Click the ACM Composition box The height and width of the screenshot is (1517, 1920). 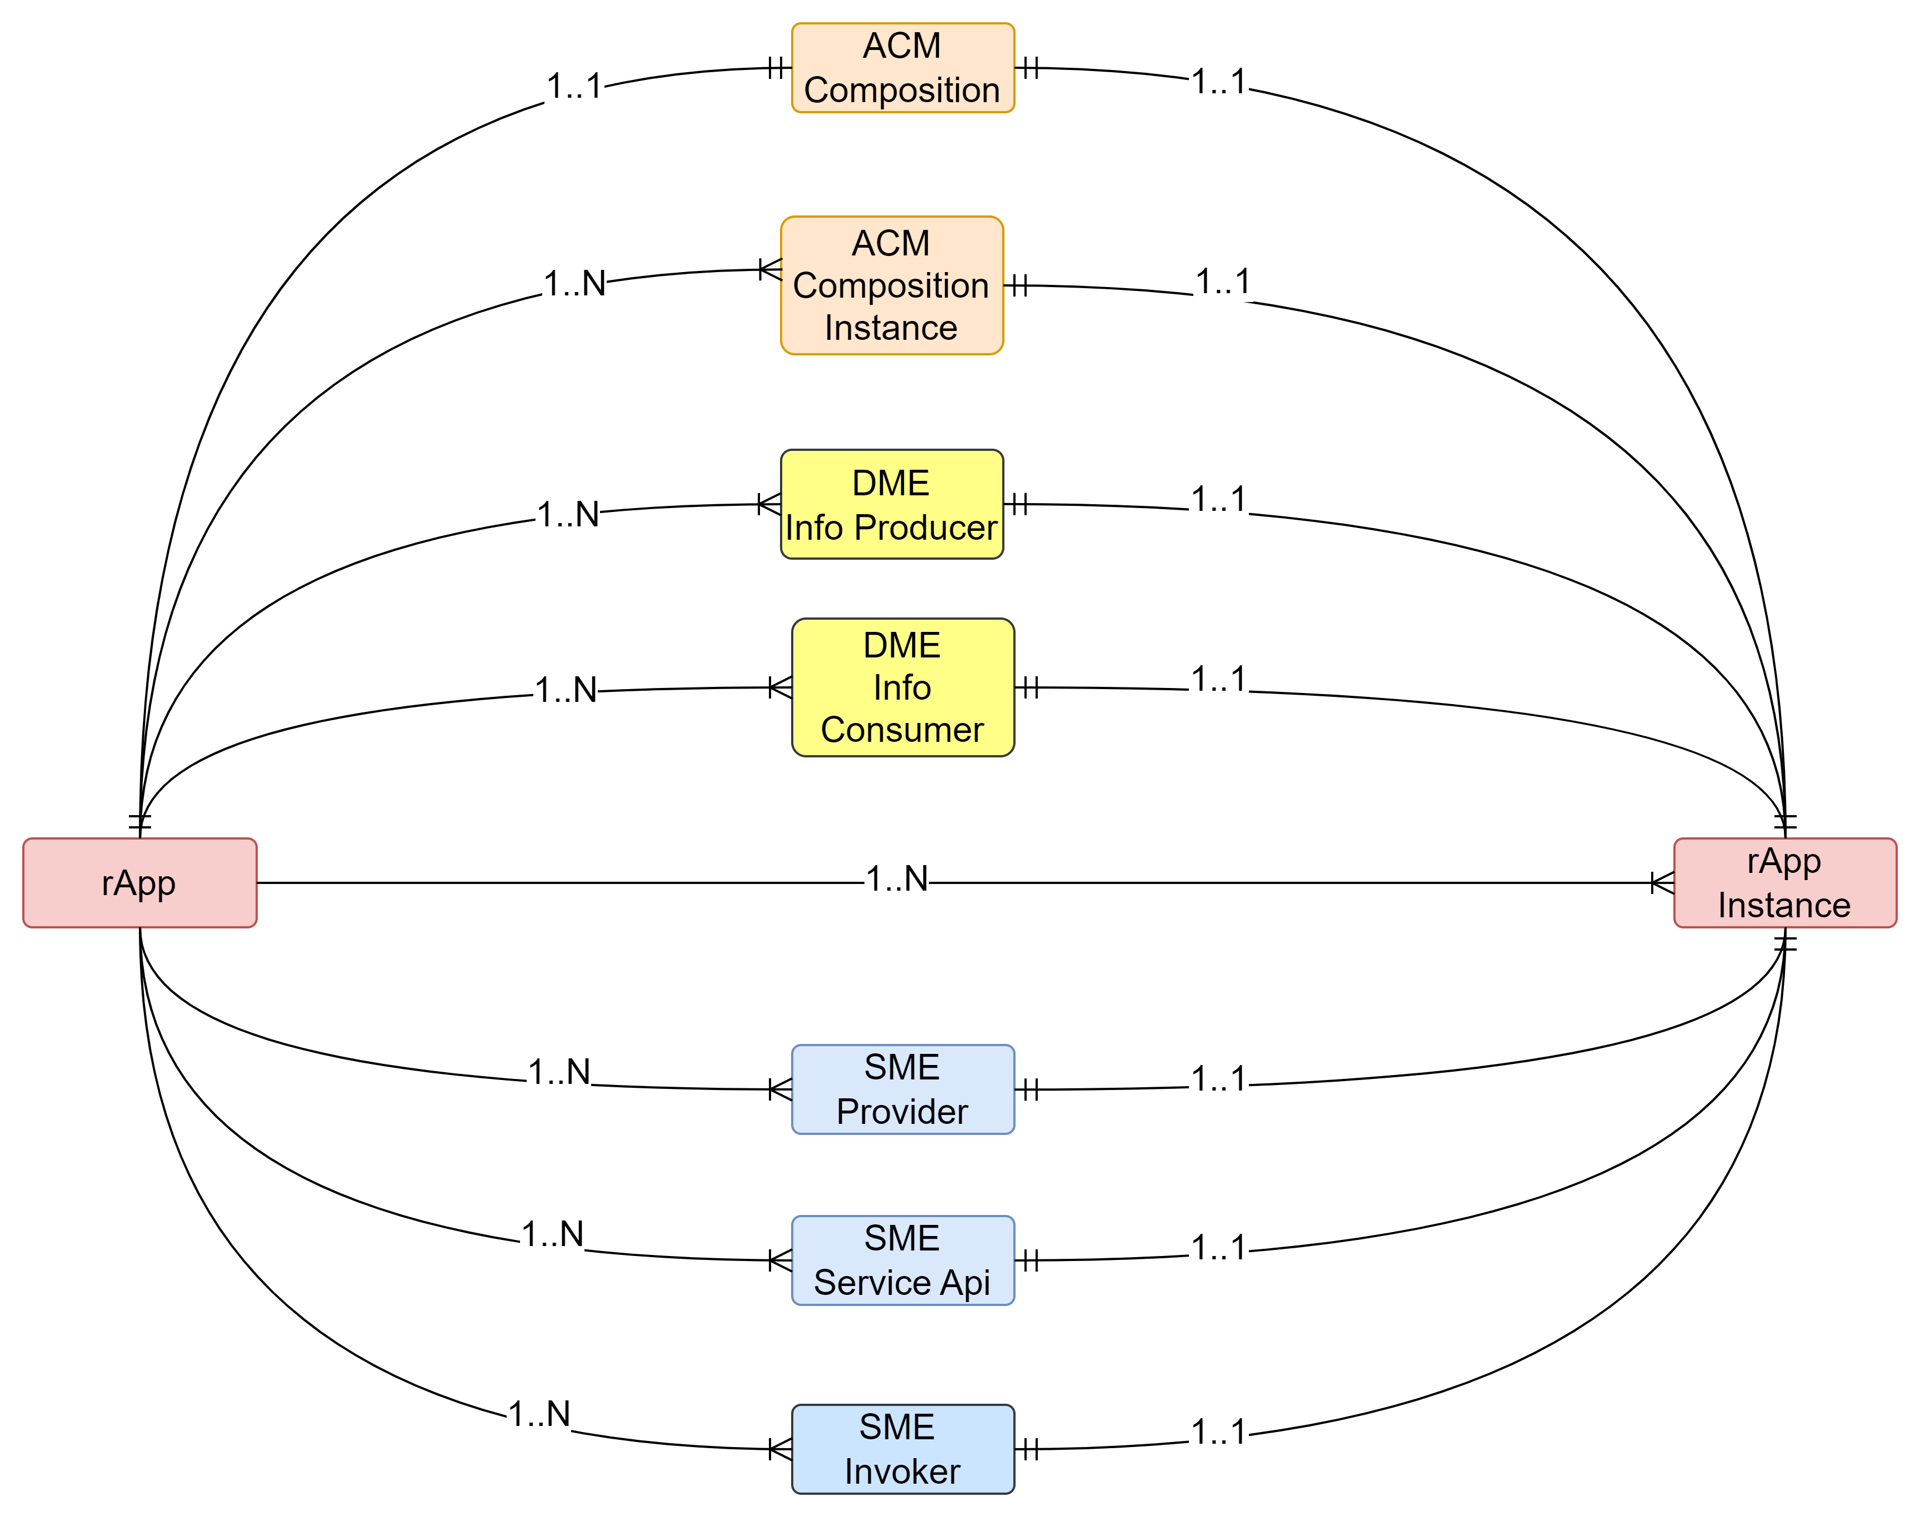tap(903, 68)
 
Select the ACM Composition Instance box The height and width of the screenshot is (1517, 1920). tap(891, 285)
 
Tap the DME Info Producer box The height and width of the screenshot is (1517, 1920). tap(891, 505)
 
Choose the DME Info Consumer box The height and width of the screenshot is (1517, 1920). tap(903, 687)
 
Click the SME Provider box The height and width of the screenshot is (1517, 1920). tap(903, 1089)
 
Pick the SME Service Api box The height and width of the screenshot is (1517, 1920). tap(903, 1260)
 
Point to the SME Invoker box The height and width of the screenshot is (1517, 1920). tap(903, 1449)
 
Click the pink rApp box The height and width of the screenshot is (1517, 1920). tap(139, 883)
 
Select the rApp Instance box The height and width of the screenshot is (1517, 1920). tap(1785, 883)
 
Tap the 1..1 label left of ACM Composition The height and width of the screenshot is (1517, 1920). tap(574, 86)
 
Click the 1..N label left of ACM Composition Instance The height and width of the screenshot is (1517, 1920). tap(574, 283)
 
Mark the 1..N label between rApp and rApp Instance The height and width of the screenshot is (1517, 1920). tap(897, 878)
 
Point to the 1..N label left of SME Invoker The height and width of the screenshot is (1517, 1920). tap(538, 1413)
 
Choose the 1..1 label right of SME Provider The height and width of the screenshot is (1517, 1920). tap(1218, 1078)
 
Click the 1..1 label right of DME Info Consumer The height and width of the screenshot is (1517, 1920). tap(1218, 679)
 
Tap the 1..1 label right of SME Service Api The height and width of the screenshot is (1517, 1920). tap(1218, 1247)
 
